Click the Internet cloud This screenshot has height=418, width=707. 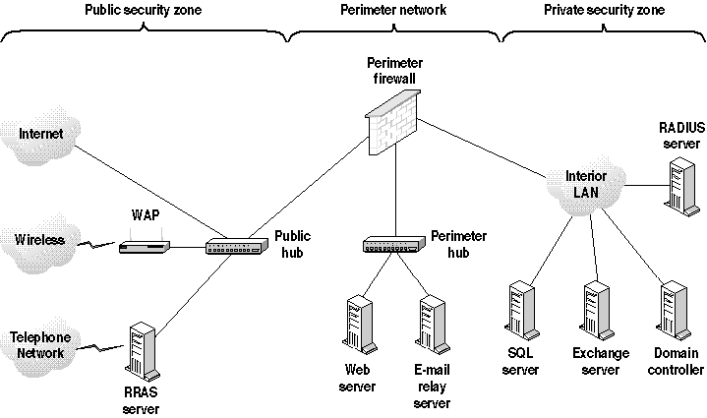click(37, 134)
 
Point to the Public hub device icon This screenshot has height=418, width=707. click(233, 247)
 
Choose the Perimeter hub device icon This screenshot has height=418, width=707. click(391, 243)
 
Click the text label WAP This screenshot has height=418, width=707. click(145, 214)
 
